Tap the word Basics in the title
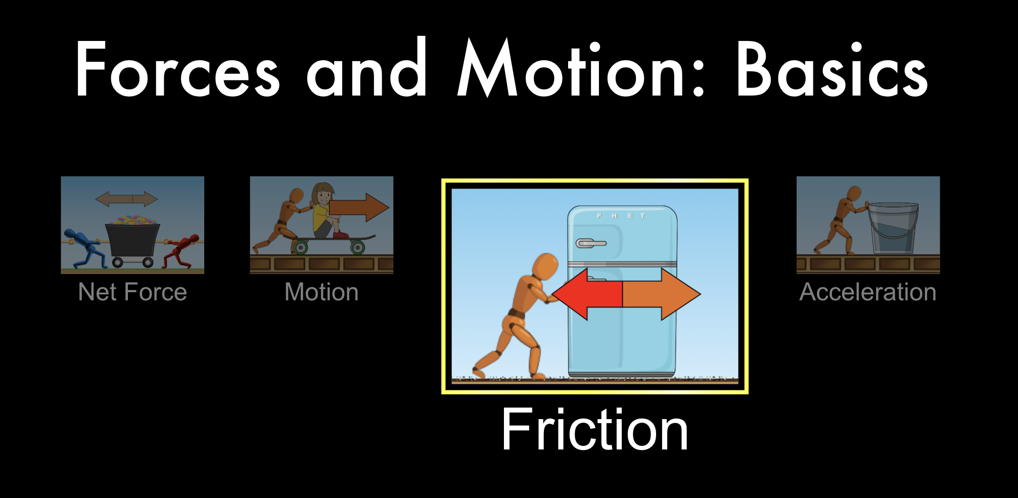(832, 69)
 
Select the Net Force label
(132, 292)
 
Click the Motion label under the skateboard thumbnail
(321, 292)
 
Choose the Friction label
(594, 429)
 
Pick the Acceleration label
(868, 292)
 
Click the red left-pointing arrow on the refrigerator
(587, 294)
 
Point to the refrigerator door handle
(590, 243)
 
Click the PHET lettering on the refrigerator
(621, 216)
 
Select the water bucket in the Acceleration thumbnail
(893, 228)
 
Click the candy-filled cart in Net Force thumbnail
(132, 241)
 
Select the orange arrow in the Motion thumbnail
(359, 207)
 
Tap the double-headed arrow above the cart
(126, 199)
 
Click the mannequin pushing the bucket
(839, 220)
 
